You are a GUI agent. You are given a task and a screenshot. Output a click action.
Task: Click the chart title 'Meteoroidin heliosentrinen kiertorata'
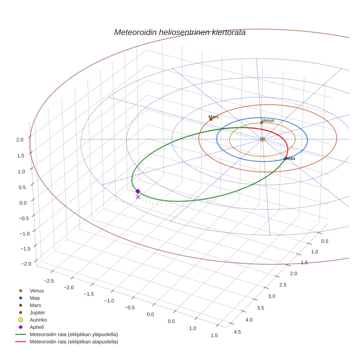pyautogui.click(x=180, y=32)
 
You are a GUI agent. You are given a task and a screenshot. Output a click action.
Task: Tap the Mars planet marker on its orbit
pyautogui.click(x=211, y=119)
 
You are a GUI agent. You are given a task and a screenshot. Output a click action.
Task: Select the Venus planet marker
pyautogui.click(x=262, y=123)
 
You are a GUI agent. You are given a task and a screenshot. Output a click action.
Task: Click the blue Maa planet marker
pyautogui.click(x=285, y=159)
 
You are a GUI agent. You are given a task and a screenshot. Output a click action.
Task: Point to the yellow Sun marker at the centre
pyautogui.click(x=263, y=139)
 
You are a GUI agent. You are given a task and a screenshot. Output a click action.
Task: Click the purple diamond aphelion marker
pyautogui.click(x=138, y=191)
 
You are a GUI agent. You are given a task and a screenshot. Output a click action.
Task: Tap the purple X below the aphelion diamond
pyautogui.click(x=138, y=197)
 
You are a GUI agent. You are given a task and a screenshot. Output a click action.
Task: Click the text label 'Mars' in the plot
pyautogui.click(x=214, y=117)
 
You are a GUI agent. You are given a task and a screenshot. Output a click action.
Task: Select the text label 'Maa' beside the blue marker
pyautogui.click(x=291, y=158)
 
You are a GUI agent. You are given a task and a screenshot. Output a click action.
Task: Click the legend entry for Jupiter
pyautogui.click(x=37, y=312)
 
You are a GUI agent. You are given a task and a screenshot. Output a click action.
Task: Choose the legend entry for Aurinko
pyautogui.click(x=38, y=320)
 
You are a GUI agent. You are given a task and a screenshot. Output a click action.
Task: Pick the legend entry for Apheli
pyautogui.click(x=37, y=327)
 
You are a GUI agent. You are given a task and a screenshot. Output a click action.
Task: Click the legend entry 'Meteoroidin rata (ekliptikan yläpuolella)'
pyautogui.click(x=74, y=334)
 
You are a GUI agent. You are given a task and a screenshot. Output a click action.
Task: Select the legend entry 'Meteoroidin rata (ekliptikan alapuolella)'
pyautogui.click(x=74, y=342)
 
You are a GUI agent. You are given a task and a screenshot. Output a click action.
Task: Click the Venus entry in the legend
pyautogui.click(x=37, y=290)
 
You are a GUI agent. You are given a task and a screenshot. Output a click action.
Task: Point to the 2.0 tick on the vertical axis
pyautogui.click(x=20, y=139)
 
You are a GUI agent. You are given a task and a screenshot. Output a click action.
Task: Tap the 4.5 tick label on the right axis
pyautogui.click(x=237, y=332)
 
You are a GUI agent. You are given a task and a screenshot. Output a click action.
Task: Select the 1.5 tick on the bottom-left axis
pyautogui.click(x=214, y=335)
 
